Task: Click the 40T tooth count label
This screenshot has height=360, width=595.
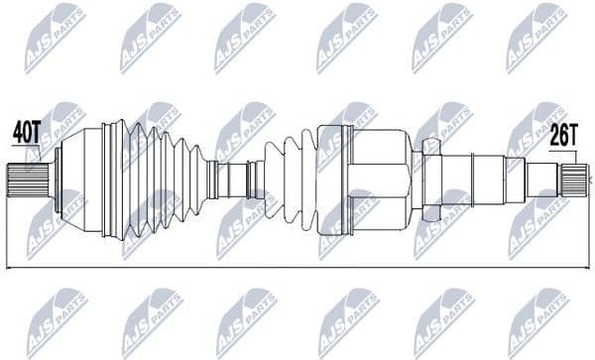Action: (x=27, y=130)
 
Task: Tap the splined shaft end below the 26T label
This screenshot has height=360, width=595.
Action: (x=574, y=180)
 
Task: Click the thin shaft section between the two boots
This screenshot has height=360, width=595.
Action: (x=236, y=179)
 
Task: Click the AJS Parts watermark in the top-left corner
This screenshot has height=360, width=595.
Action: (x=55, y=38)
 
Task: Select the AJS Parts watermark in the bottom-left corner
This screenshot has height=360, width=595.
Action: (x=55, y=322)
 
